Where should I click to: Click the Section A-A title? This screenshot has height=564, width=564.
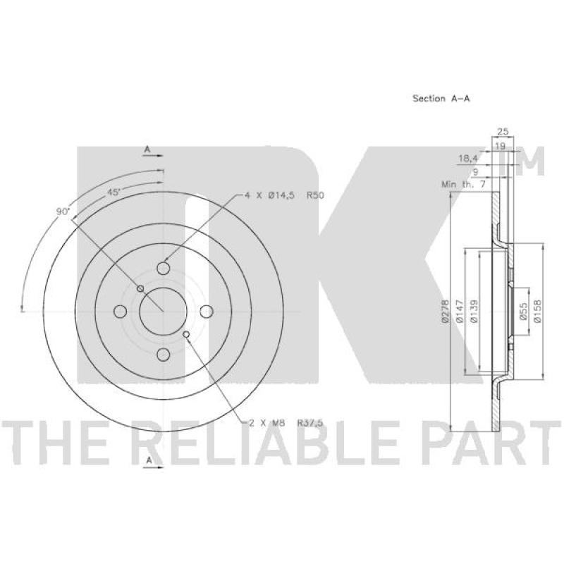pos(441,98)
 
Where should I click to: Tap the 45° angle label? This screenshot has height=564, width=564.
pos(114,192)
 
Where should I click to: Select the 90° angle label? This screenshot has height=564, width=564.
pos(63,211)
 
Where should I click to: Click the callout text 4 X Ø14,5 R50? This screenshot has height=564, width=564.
pos(284,195)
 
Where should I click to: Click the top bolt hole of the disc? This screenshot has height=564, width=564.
pos(164,268)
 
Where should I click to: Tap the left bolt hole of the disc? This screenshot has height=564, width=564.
pos(120,312)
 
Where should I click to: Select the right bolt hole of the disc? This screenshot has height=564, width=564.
pos(207,312)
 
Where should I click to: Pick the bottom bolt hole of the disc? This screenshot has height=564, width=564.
pos(164,355)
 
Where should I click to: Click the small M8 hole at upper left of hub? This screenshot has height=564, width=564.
pos(140,288)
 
